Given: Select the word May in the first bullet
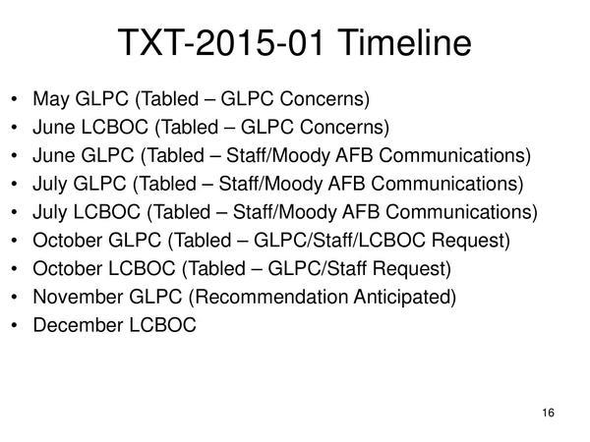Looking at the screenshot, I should pyautogui.click(x=49, y=98).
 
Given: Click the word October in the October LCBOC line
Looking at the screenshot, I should pyautogui.click(x=65, y=268).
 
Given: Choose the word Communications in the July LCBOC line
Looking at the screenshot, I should pyautogui.click(x=470, y=211).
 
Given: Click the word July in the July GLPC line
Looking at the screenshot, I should pyautogui.click(x=50, y=183).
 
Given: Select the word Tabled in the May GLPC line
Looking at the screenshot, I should pyautogui.click(x=169, y=98).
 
